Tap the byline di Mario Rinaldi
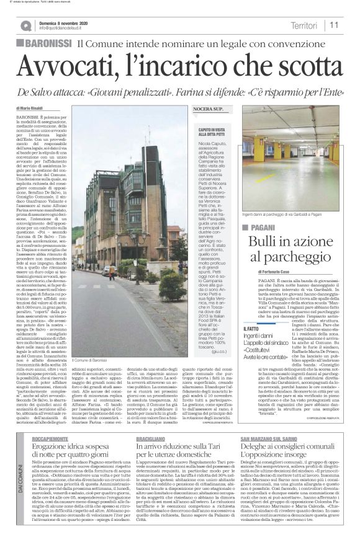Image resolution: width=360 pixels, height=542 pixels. (41, 107)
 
